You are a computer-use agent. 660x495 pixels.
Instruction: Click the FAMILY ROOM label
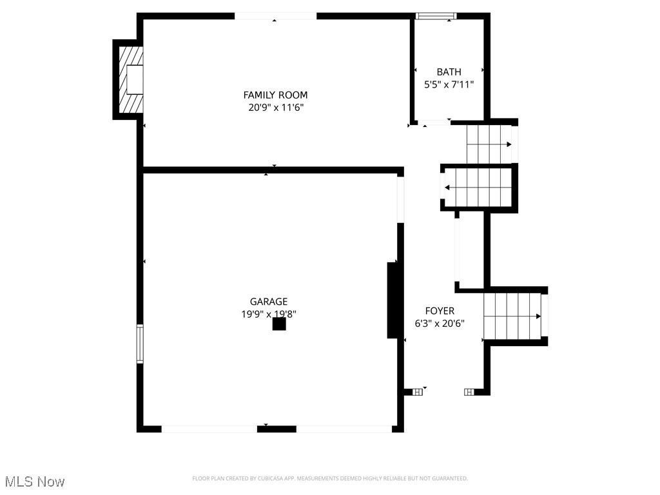point(275,95)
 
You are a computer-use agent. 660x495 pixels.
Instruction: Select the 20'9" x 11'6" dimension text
point(275,108)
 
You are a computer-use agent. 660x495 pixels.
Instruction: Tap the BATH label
point(449,72)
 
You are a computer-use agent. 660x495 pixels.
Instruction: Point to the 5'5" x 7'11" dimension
point(449,84)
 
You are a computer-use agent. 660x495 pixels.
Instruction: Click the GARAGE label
point(269,301)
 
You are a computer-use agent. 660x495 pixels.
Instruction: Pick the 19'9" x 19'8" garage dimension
point(269,314)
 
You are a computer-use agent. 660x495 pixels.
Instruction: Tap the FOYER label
point(440,311)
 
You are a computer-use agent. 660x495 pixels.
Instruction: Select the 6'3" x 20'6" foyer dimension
point(440,324)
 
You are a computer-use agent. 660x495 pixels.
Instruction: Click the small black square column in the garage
point(278,324)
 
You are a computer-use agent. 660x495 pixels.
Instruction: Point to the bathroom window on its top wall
point(436,16)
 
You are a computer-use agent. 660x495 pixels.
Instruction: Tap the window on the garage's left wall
point(140,344)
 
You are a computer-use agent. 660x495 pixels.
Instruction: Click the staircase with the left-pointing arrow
point(478,188)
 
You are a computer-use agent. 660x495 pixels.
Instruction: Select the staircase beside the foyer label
point(514,316)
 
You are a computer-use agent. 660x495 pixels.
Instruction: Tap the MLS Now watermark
point(35,481)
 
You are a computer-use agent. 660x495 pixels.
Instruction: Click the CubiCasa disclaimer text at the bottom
point(330,478)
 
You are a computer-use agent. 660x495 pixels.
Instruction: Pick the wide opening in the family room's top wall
point(275,16)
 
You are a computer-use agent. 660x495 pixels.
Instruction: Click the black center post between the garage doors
point(277,428)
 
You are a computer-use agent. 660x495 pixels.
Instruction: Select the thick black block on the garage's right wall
point(392,300)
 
